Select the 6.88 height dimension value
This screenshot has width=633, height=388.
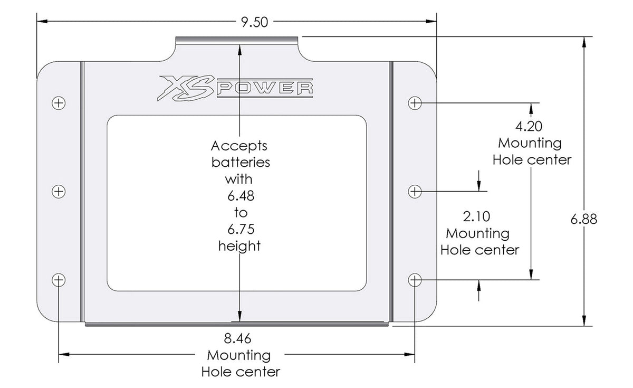point(583,219)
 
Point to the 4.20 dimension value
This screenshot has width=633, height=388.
point(530,127)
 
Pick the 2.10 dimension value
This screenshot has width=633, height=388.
point(477,216)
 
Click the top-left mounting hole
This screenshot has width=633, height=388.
point(60,103)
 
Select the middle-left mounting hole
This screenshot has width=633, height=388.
point(60,191)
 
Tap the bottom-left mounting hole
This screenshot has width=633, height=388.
point(60,280)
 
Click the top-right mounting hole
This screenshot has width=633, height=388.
point(415,103)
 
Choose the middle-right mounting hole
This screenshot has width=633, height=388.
point(415,191)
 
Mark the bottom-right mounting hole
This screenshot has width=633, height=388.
point(415,280)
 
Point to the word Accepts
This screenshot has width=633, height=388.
point(239,145)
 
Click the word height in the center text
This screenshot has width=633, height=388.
point(239,246)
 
